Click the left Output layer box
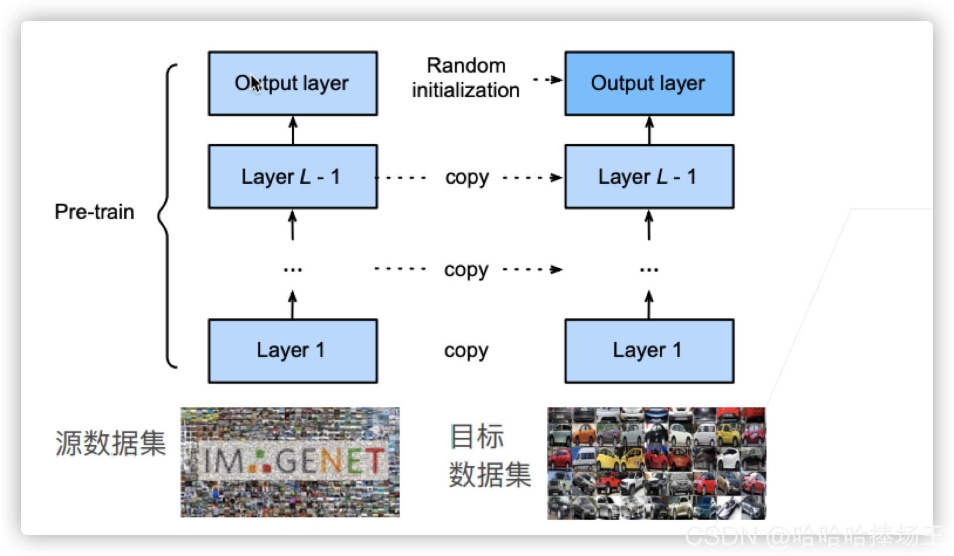292,83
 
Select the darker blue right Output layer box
649,83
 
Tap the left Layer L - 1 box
292,176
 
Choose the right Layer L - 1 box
649,176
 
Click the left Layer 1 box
292,351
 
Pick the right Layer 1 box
649,351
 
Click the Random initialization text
466,78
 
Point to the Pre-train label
94,211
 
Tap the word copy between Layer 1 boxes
466,351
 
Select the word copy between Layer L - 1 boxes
466,177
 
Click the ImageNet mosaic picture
290,462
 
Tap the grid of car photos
656,463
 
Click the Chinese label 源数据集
110,443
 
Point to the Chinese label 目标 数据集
489,456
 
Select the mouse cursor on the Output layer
255,85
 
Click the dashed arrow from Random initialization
547,80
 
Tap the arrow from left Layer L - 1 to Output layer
293,130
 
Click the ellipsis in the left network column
292,270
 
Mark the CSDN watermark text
814,536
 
